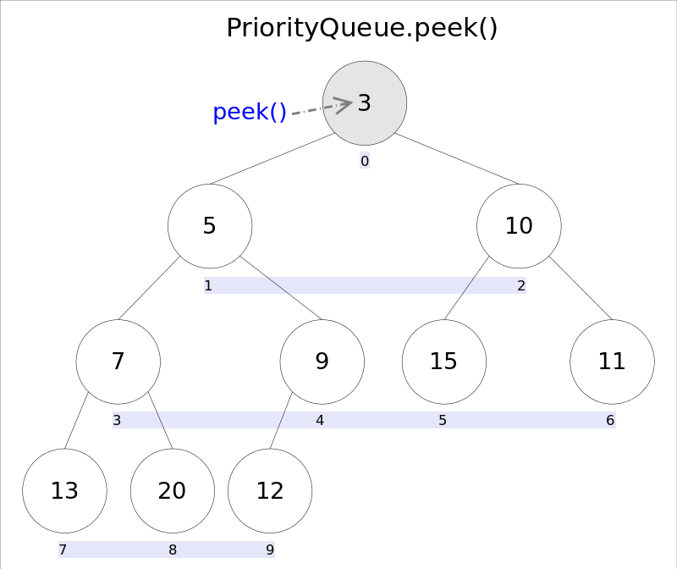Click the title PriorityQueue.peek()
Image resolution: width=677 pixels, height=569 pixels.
tap(361, 28)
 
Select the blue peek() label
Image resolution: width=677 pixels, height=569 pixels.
tap(250, 112)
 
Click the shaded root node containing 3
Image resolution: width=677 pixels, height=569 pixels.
tap(365, 102)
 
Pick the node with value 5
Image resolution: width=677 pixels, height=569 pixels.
tap(210, 226)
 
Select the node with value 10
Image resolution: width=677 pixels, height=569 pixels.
tap(519, 226)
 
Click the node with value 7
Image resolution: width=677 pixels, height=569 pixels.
tap(118, 362)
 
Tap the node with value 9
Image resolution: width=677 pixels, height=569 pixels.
tap(322, 362)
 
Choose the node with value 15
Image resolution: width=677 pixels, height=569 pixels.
tap(443, 362)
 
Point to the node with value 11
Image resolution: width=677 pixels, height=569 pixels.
tap(612, 362)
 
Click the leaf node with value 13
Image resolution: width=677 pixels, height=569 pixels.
tap(64, 491)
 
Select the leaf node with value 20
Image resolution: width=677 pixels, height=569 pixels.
tap(173, 491)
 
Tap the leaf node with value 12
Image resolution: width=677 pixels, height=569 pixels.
tap(270, 491)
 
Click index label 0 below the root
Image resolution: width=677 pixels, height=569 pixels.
tap(365, 161)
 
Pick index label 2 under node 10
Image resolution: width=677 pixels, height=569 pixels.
tap(521, 285)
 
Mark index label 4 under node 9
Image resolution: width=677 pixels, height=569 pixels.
tap(320, 420)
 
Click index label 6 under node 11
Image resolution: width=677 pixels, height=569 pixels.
tap(610, 420)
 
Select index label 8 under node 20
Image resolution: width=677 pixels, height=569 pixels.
tap(173, 550)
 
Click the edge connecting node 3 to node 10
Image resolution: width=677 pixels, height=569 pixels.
tap(457, 158)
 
